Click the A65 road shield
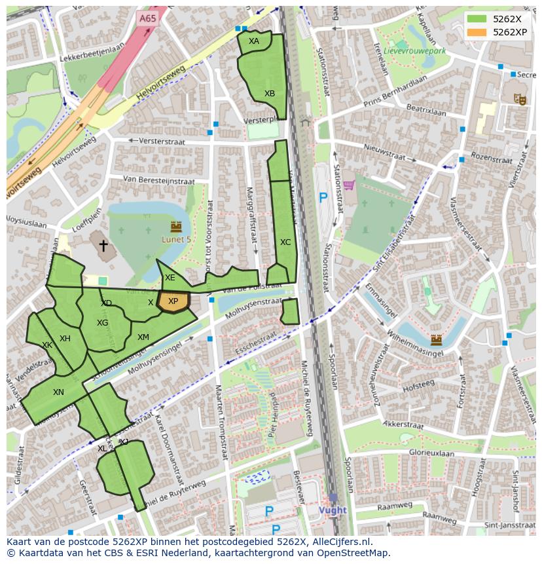(x=148, y=19)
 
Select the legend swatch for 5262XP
(x=477, y=31)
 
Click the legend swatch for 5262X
(x=477, y=19)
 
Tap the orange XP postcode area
(x=173, y=302)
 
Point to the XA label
(x=254, y=41)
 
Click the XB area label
(x=270, y=94)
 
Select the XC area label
(x=285, y=242)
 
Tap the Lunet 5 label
(x=177, y=240)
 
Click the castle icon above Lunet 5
(x=175, y=227)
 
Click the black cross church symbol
(x=103, y=246)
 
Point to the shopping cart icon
(x=349, y=185)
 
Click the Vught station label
(x=333, y=510)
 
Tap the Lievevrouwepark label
(x=414, y=50)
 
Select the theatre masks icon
(x=520, y=99)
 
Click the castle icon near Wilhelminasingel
(x=436, y=340)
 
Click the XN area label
(x=59, y=392)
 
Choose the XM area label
(x=143, y=337)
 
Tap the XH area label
(x=65, y=339)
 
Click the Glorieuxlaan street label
(x=431, y=453)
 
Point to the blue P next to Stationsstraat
(x=323, y=197)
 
